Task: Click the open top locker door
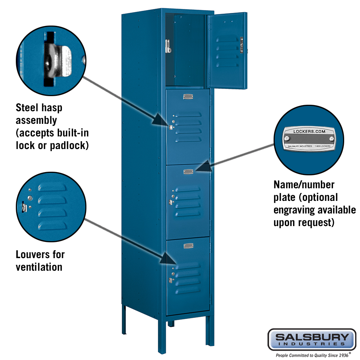(228, 50)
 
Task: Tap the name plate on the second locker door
(188, 96)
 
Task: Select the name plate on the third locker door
(188, 172)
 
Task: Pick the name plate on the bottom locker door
(188, 246)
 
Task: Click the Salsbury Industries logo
(312, 339)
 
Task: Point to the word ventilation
(39, 267)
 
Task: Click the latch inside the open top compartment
(168, 46)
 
